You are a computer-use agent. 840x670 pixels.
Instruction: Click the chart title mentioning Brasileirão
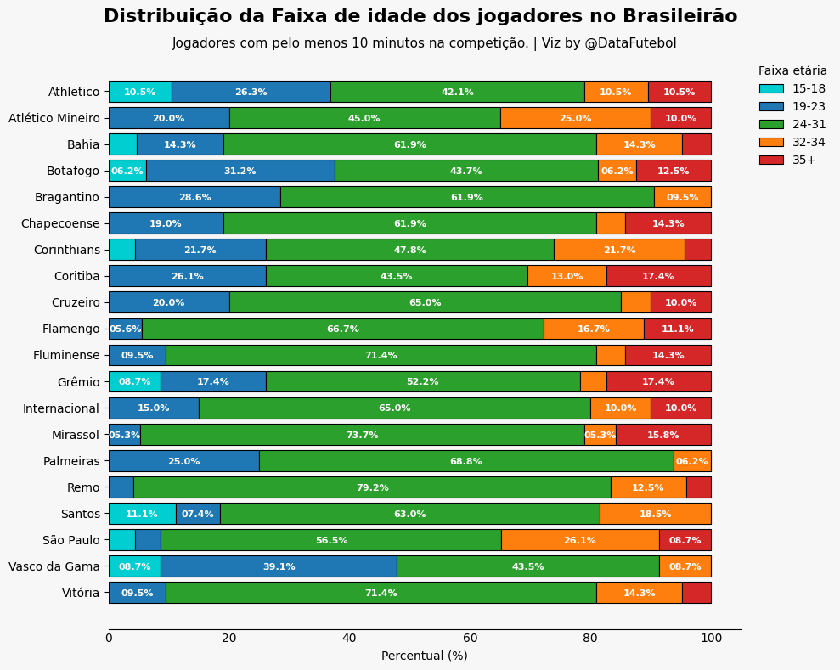420,16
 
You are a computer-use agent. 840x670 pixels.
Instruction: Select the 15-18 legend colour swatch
771,88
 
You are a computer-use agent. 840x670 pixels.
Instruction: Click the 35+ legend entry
803,160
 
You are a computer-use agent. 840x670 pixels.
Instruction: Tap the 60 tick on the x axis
471,638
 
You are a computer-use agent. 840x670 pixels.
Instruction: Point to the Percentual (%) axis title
424,656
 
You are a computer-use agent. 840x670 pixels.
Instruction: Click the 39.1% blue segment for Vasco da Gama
279,566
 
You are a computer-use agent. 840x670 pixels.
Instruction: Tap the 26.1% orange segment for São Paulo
580,540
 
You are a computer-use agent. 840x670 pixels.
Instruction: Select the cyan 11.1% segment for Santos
142,514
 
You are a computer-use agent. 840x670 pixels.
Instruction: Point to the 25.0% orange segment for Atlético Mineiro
575,118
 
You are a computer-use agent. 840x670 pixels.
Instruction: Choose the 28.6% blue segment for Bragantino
194,197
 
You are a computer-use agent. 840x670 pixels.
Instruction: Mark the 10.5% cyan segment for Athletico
140,92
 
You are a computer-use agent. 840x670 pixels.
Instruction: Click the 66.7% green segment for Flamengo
342,329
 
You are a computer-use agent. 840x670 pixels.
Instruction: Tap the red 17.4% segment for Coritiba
658,276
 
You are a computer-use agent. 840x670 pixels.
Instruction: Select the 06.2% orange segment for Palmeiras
692,461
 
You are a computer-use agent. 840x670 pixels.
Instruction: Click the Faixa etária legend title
792,71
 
